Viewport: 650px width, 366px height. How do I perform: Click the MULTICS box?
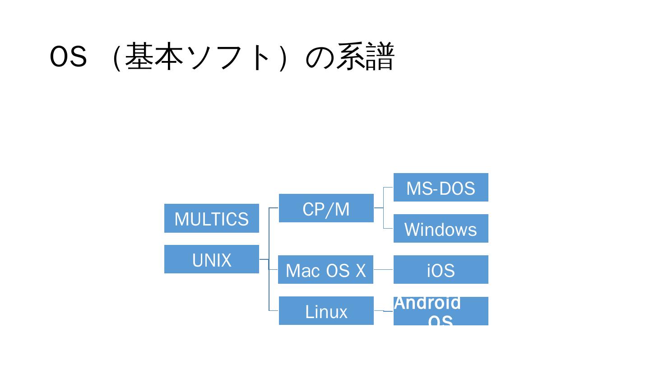(x=211, y=218)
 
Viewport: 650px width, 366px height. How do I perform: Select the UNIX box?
(x=211, y=259)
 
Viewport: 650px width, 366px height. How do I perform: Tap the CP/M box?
(x=326, y=208)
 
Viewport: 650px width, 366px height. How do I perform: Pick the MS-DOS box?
(x=441, y=188)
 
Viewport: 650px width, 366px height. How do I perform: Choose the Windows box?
(x=441, y=229)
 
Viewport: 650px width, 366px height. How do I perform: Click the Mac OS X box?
(x=325, y=270)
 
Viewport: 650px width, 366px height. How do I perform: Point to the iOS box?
(x=441, y=270)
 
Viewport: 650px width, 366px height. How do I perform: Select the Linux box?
(x=326, y=311)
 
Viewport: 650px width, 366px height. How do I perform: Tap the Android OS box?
(x=441, y=311)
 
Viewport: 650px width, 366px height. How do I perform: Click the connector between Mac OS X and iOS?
(x=383, y=270)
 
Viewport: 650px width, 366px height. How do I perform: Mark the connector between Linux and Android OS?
(x=384, y=311)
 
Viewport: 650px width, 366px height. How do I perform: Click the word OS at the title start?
(x=68, y=57)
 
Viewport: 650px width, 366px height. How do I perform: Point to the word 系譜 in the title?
(x=365, y=57)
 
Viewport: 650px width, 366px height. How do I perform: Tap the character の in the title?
(x=320, y=57)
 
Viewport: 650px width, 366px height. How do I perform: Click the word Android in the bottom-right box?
(x=427, y=303)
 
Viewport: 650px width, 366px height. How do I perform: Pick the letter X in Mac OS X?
(x=360, y=271)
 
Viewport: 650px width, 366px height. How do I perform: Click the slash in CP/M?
(x=328, y=209)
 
